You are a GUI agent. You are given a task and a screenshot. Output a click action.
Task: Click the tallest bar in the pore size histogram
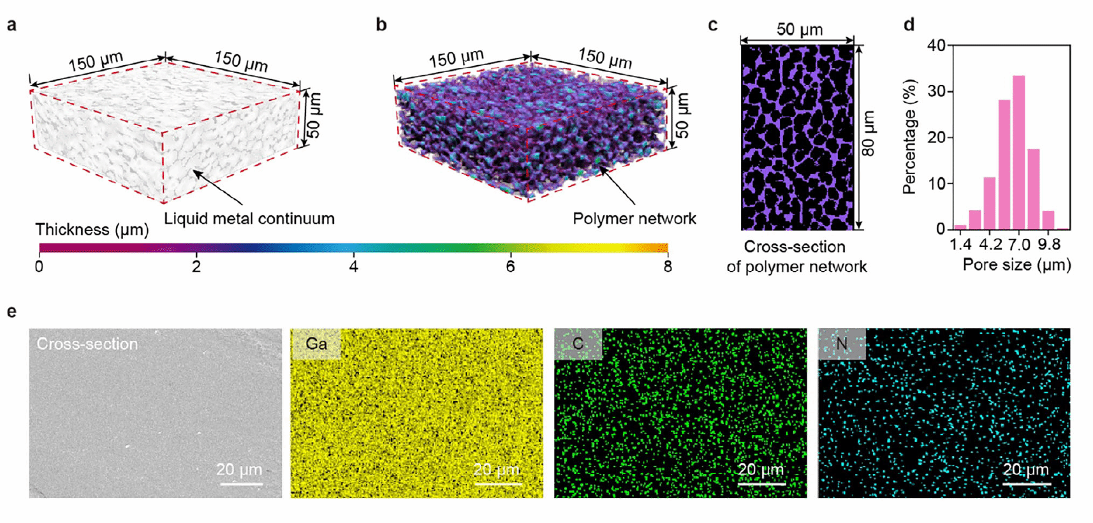coord(1018,153)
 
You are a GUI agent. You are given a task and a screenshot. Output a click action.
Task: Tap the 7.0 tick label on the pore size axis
coord(1019,244)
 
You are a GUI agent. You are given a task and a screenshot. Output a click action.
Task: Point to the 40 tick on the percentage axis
coord(936,46)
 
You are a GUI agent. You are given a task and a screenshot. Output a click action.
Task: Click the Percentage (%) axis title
coord(910,136)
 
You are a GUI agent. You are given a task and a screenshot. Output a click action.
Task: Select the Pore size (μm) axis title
coord(1016,265)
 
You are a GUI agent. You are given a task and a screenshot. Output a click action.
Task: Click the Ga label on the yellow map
coord(316,344)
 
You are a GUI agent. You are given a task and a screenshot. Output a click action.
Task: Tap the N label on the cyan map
coord(842,344)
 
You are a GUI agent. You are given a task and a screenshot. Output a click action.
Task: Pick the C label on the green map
coord(578,344)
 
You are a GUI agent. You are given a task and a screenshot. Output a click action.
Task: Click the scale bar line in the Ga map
coord(497,484)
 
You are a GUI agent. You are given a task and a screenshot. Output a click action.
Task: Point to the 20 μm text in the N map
coord(1025,470)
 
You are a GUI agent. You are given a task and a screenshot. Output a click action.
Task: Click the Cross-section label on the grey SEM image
coord(87,344)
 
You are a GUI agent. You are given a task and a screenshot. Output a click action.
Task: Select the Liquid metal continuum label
coord(249,219)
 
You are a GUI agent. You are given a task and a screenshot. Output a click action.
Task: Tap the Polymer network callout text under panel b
coord(634,219)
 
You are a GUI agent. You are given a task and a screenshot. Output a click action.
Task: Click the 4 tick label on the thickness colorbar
coord(353,267)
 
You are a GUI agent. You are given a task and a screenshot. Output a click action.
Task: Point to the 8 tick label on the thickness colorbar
coord(667,267)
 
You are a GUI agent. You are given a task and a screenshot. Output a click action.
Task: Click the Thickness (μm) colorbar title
coord(92,230)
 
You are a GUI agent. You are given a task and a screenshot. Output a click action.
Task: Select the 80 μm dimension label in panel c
coord(869,133)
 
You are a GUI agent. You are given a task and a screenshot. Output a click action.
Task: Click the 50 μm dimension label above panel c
coord(799,29)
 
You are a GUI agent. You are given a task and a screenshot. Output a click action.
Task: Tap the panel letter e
coord(11,312)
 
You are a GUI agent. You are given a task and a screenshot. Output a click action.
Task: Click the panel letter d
coord(909,25)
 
